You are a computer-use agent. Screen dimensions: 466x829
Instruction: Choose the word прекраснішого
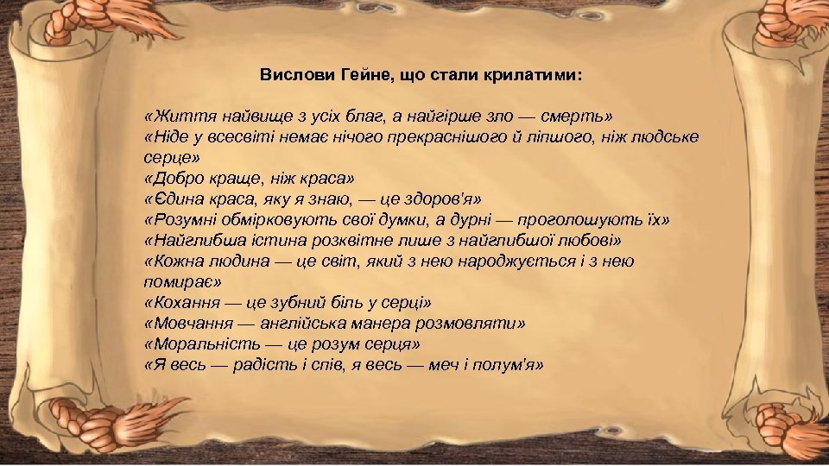[x=421, y=137]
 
